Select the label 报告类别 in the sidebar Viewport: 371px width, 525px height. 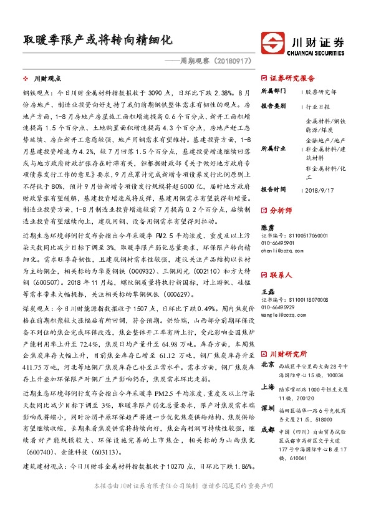pos(273,106)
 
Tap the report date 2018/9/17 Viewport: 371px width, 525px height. pos(319,189)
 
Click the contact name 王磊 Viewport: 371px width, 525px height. pos(267,292)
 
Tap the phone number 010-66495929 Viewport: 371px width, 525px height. pos(278,307)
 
